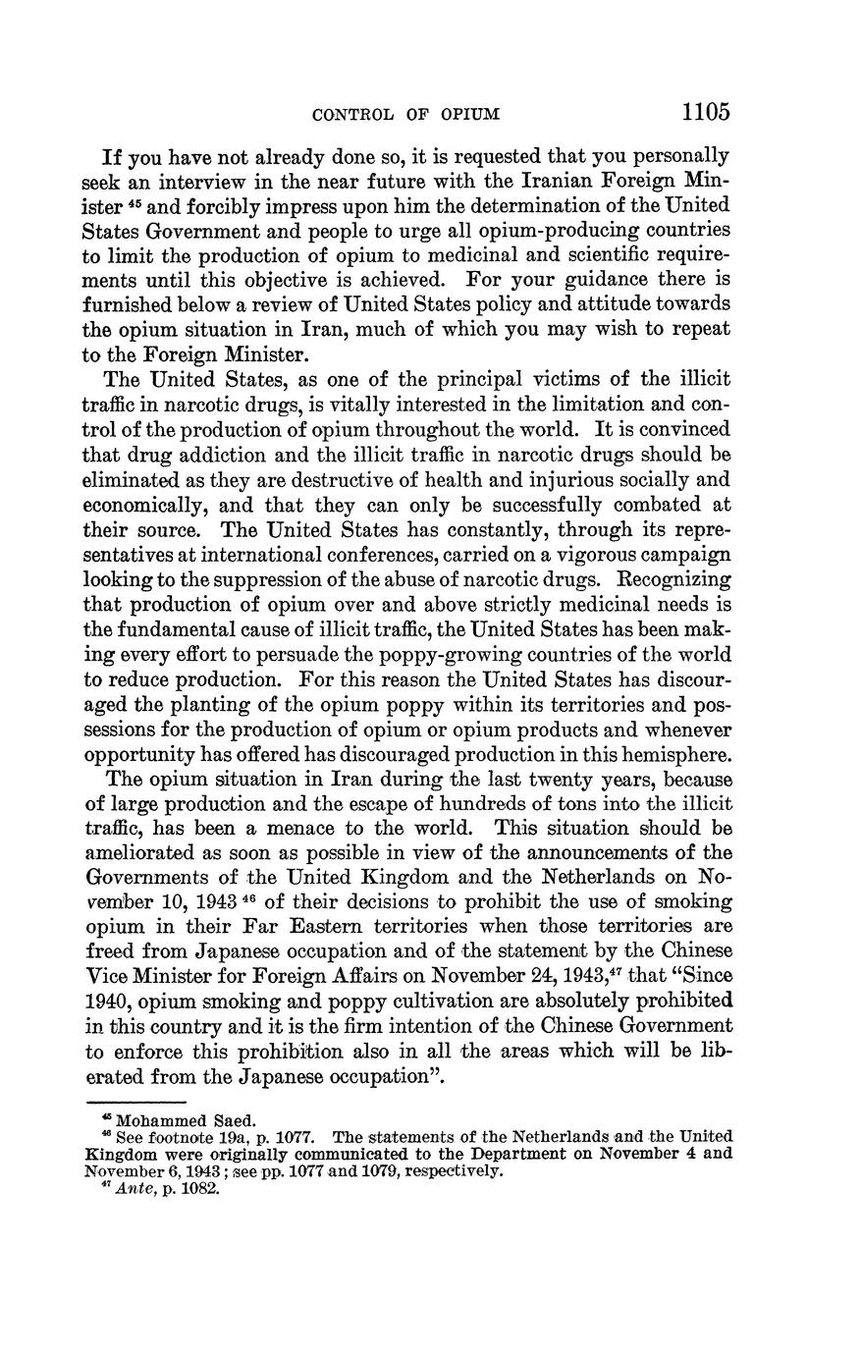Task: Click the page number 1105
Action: [706, 111]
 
